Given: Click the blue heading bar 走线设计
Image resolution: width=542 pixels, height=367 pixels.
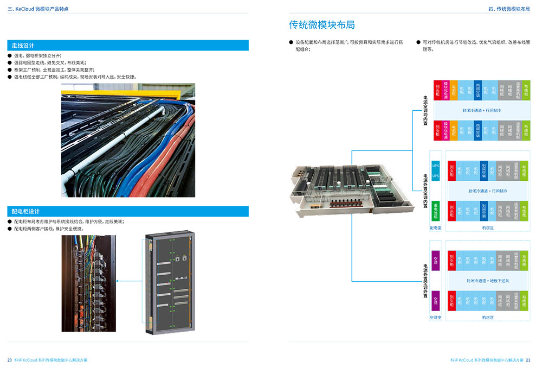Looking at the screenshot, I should click(x=128, y=46).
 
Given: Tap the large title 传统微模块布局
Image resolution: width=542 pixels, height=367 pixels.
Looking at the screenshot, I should click(x=322, y=25).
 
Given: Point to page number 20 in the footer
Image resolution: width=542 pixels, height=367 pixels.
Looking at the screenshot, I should click(x=10, y=360).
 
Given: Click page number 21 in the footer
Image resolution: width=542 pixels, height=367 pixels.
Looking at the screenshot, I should click(x=528, y=360).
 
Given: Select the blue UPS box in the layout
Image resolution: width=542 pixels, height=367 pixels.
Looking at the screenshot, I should click(x=435, y=169).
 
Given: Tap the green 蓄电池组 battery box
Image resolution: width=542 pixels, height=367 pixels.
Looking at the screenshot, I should click(x=435, y=210).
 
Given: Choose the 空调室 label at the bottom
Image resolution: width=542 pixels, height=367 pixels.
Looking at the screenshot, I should click(x=435, y=318).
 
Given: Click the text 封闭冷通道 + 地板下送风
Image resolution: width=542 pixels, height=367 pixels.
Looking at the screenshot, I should click(x=487, y=281).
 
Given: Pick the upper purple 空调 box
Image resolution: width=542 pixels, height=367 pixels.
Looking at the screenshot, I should click(x=435, y=258).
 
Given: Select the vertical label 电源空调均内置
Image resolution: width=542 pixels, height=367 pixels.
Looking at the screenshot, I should click(x=425, y=111).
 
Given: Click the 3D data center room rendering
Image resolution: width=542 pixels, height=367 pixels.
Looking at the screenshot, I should click(x=339, y=187).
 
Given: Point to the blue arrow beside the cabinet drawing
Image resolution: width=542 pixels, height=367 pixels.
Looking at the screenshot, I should click(x=130, y=281).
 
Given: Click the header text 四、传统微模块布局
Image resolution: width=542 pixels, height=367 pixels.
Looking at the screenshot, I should click(x=508, y=9).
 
